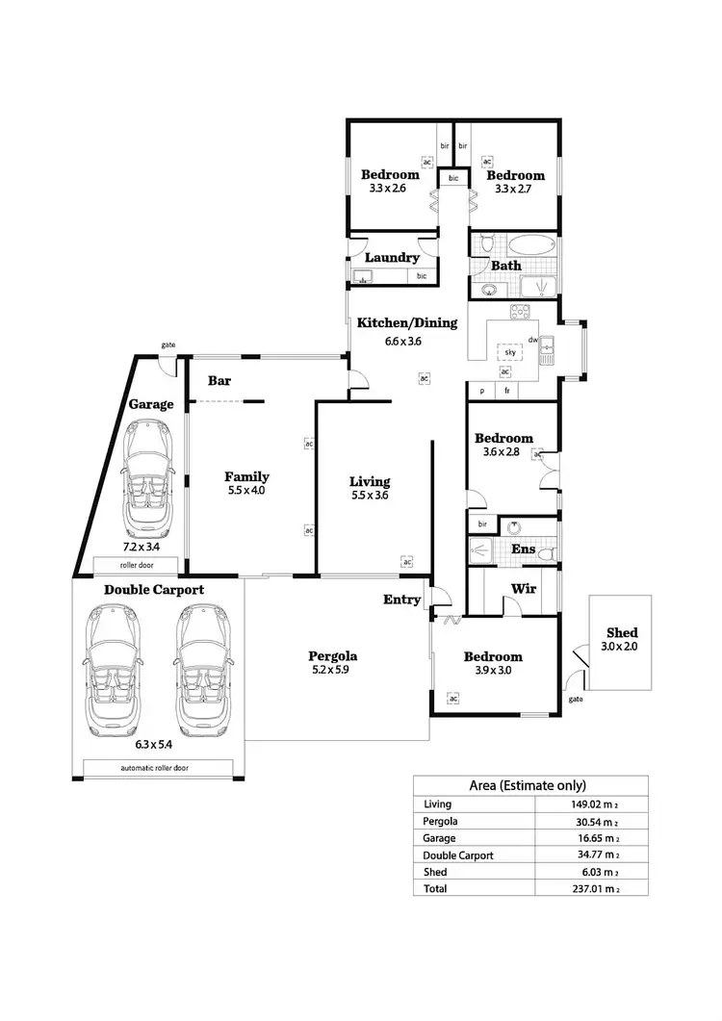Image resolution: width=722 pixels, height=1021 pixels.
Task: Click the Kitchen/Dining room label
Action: coord(407,323)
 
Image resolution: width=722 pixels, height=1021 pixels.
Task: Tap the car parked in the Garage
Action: coord(147,480)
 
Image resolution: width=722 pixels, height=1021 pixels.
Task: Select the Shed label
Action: coord(621,632)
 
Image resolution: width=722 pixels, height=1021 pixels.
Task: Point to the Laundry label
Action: coord(392,258)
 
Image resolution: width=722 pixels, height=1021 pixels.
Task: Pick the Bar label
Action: coord(219,380)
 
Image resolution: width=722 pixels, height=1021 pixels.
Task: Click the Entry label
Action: coord(401,600)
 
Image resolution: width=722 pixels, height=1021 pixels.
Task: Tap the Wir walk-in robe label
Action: coord(524,588)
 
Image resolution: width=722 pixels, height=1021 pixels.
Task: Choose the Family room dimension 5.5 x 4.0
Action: coord(246,490)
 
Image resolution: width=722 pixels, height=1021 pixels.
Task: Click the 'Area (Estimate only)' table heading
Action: coord(528,785)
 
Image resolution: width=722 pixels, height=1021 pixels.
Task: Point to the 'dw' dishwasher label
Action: coord(531,340)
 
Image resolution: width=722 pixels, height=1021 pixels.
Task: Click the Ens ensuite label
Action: coord(524,549)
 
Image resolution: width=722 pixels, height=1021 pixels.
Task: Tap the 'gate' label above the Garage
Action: coord(168,344)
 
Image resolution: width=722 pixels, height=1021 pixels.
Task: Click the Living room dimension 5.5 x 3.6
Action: coord(370,496)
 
